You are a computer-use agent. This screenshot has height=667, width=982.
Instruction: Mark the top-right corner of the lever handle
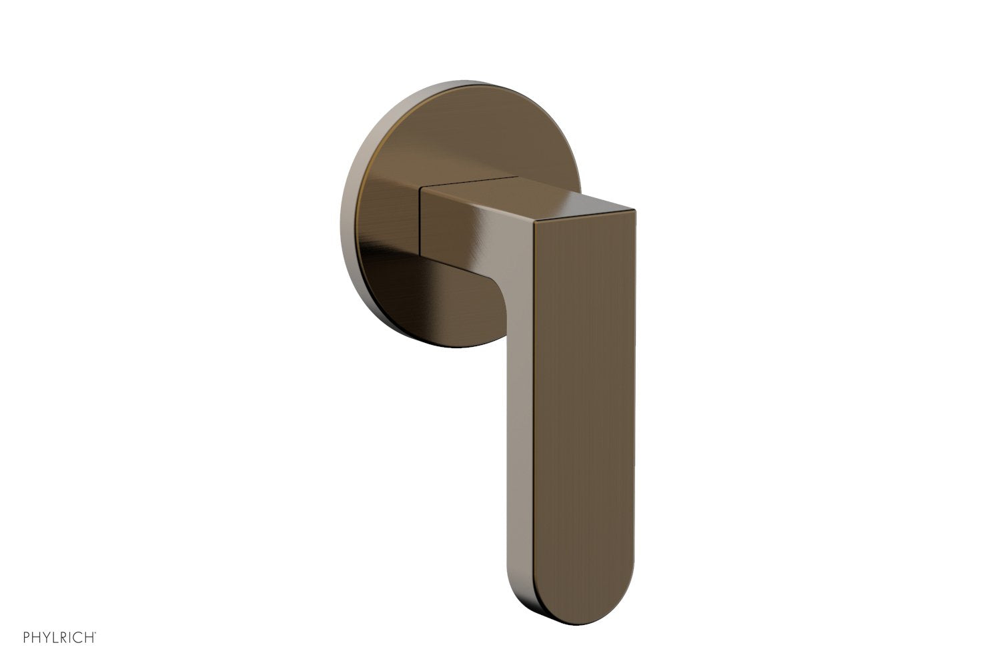634,212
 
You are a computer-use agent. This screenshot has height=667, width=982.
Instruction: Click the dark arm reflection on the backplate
434,293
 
